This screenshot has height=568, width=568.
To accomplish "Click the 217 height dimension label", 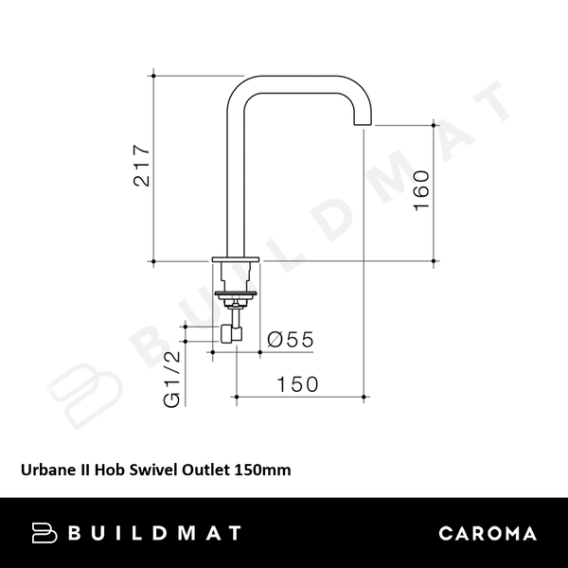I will click(142, 166).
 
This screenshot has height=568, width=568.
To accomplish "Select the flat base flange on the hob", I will click(235, 260).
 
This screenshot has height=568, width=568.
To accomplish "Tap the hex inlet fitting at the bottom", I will click(230, 332).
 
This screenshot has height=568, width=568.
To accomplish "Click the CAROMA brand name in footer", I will click(488, 533).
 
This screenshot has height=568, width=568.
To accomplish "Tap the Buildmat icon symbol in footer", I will click(44, 533).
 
